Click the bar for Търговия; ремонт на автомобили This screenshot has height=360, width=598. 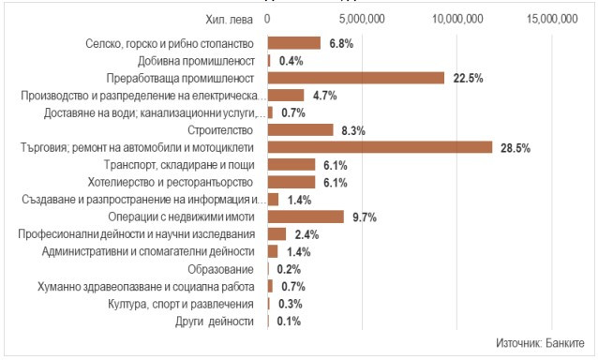(x=380, y=147)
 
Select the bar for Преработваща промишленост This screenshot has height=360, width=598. (x=356, y=78)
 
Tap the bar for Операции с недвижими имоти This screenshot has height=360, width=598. (x=306, y=217)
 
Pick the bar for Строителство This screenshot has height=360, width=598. (x=300, y=129)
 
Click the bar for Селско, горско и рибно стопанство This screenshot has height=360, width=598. (x=294, y=43)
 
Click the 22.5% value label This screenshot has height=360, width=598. (x=466, y=78)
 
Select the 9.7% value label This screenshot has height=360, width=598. (x=365, y=217)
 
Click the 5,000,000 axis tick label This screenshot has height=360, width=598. (x=362, y=19)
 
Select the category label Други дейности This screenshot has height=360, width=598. (x=216, y=321)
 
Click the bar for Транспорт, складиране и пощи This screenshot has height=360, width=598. (x=292, y=164)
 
